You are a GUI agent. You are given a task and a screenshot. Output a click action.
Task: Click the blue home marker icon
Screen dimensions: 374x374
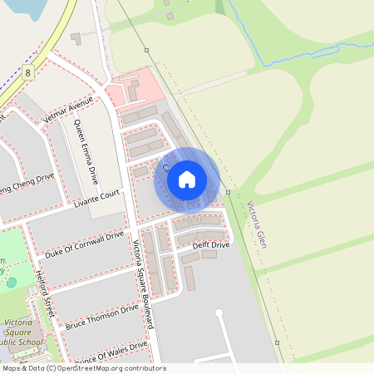[187, 179]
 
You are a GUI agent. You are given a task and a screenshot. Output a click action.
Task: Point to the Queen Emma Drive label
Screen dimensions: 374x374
[86, 152]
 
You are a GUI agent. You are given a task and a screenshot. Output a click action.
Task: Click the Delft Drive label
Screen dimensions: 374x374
[211, 245]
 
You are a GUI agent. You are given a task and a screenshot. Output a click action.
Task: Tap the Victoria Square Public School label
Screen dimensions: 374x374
[18, 332]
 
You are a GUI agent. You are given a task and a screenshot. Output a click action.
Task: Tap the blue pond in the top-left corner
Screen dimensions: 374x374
[20, 7]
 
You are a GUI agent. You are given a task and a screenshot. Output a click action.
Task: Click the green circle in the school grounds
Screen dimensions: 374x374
[11, 283]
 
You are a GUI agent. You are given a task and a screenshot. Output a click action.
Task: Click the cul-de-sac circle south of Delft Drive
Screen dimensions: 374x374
[219, 313]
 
